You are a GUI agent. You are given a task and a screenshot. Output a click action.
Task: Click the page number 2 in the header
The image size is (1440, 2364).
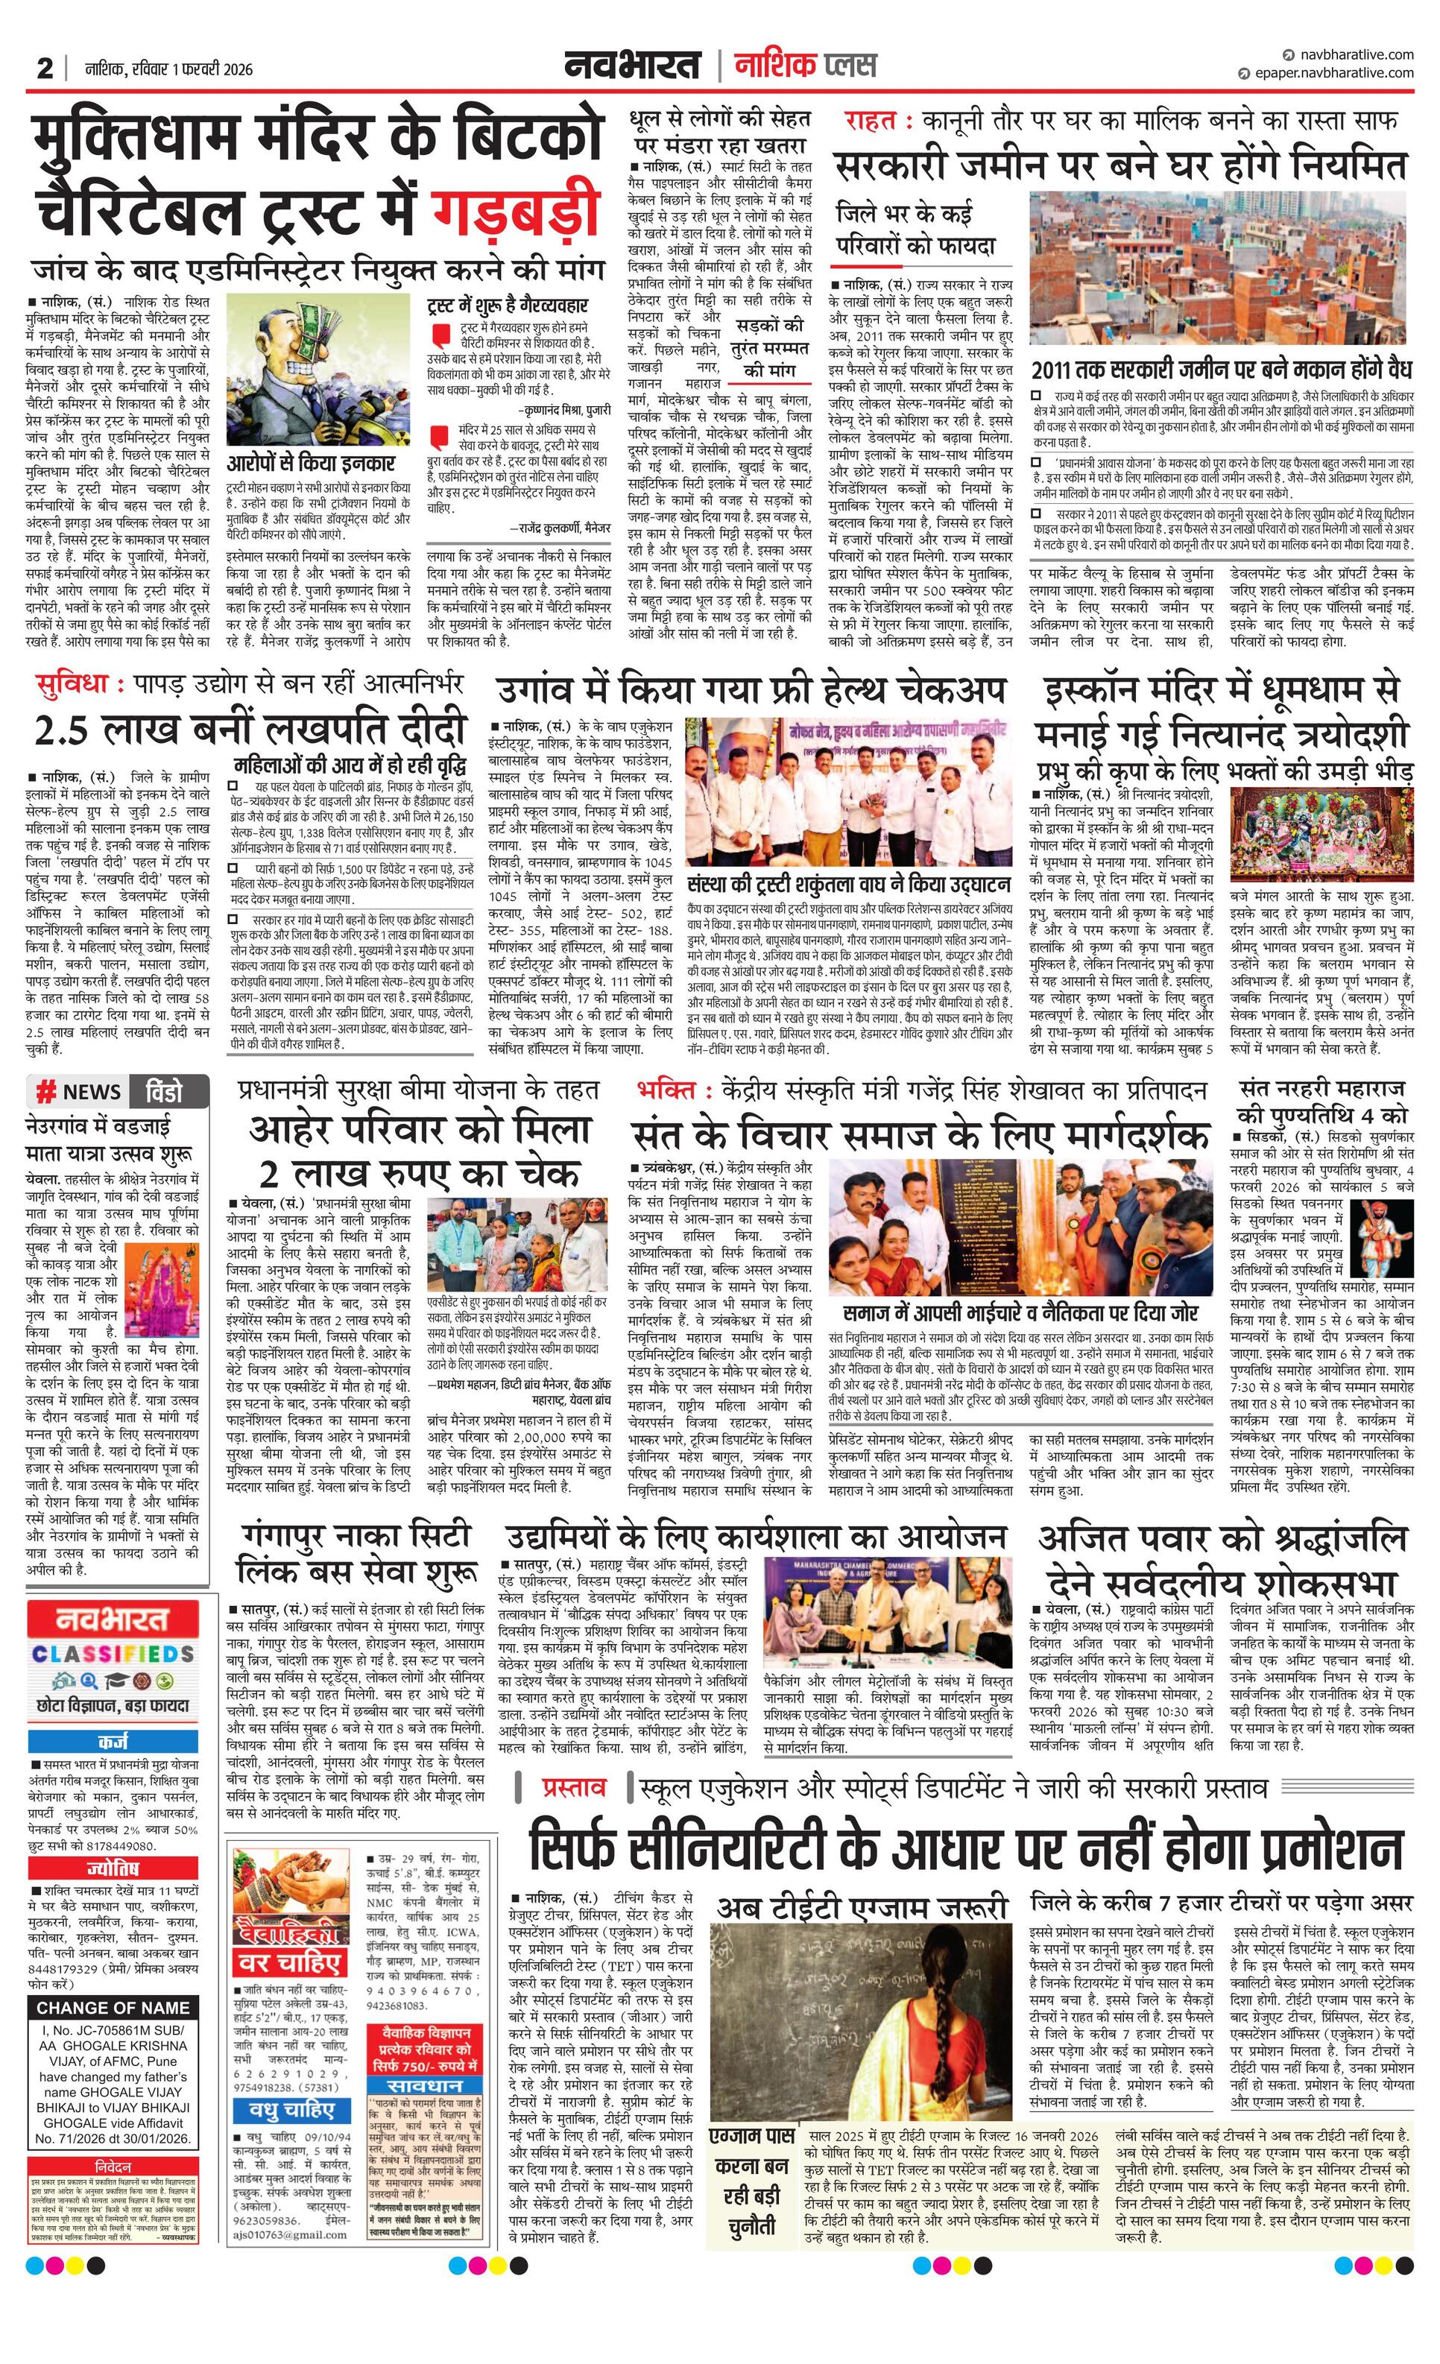point(44,69)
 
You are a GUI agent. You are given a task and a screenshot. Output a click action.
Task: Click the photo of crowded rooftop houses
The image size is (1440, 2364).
point(1220,267)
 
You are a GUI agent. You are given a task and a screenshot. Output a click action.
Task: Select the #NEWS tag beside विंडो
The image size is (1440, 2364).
point(79,1091)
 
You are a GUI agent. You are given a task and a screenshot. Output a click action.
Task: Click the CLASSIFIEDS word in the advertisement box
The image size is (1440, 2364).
point(113,1654)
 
